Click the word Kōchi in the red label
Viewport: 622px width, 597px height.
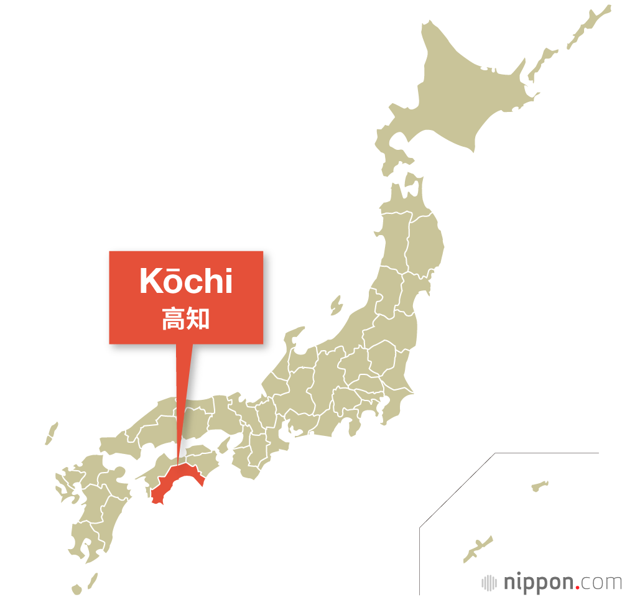tap(186, 282)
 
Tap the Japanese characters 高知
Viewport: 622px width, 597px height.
tap(186, 318)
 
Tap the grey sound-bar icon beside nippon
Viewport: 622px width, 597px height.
tap(490, 583)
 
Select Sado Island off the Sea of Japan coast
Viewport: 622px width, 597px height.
tap(336, 306)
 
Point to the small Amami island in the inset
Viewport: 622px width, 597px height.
tap(539, 484)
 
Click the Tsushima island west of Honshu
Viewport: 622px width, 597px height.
tap(52, 433)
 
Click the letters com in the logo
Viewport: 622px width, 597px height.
tap(600, 583)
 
